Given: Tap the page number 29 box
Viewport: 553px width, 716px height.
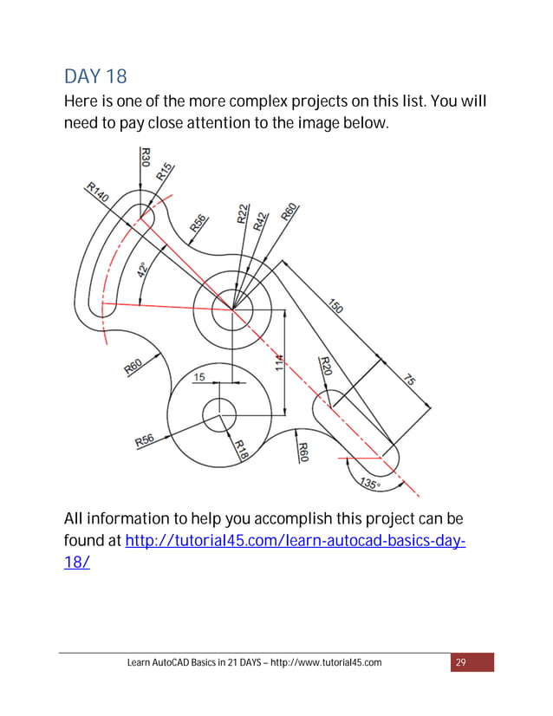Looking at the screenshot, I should (461, 663).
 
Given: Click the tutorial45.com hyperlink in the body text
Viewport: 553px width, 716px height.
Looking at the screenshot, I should (296, 542).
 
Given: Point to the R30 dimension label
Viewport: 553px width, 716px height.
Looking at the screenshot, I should (145, 157).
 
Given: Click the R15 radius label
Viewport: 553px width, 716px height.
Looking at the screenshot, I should (165, 171).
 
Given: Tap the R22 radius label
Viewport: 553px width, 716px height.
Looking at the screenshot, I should (244, 214).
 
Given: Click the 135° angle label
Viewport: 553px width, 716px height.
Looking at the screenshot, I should (368, 485).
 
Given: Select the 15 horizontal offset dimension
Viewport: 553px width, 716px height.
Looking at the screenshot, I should (198, 377).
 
